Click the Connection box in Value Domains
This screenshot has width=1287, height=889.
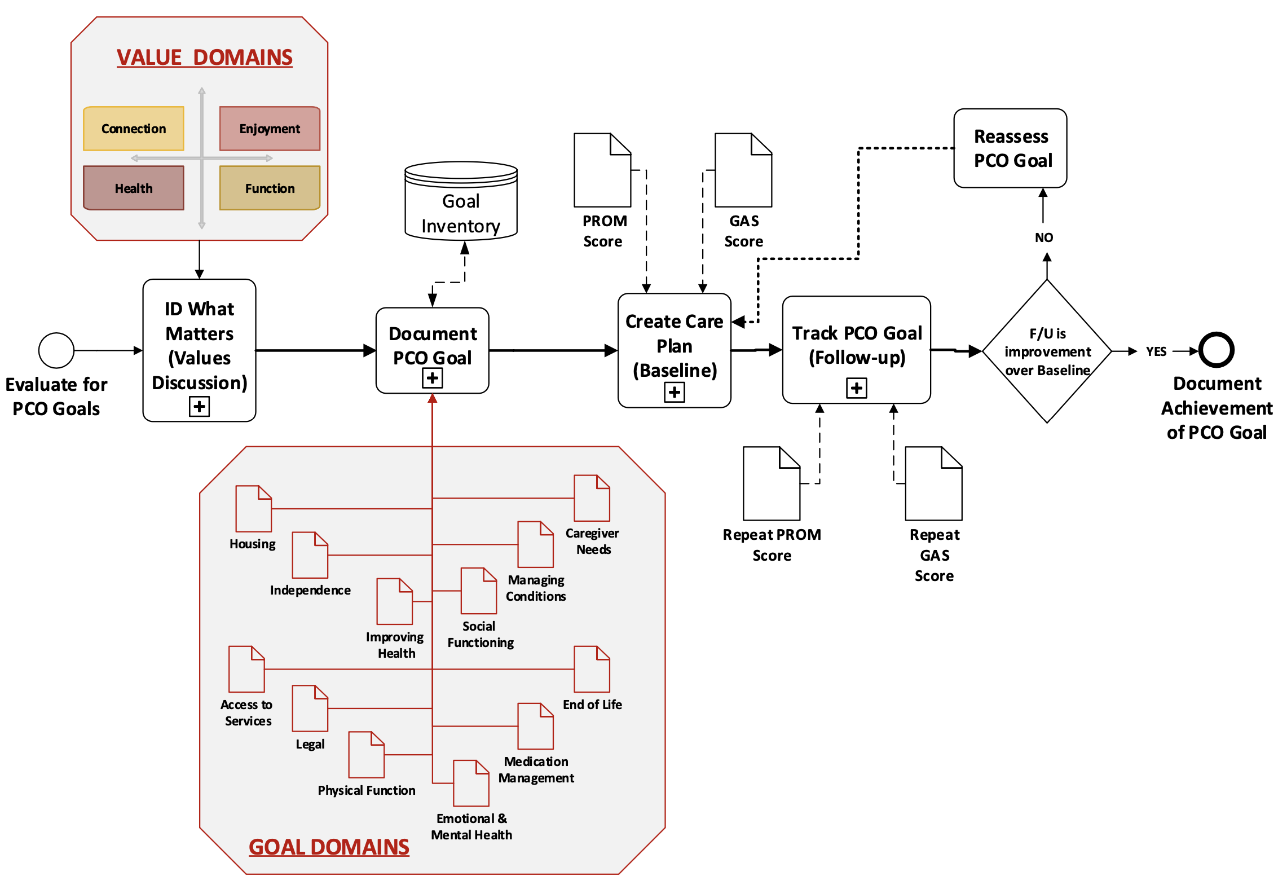pos(133,129)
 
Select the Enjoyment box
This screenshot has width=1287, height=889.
pos(270,129)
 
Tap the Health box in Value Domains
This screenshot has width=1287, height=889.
pos(133,188)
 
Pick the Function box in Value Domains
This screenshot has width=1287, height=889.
pos(270,188)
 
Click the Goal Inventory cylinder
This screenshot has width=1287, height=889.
pos(461,203)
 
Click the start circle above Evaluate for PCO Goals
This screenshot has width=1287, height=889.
pos(56,350)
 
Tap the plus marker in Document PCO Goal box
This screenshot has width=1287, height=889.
pos(432,378)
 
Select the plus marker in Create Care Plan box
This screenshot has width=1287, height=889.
pos(674,392)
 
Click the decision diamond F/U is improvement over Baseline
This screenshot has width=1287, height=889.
pos(1047,351)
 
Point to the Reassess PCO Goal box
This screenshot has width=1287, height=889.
pos(1010,148)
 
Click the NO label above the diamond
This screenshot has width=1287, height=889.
pos(1043,237)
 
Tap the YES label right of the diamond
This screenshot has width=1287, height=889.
pos(1156,351)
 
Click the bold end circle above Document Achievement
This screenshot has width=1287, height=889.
pos(1217,350)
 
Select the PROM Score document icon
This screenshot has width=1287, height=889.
pos(602,170)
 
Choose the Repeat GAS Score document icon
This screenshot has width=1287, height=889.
pos(933,484)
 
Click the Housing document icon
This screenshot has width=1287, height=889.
pos(253,509)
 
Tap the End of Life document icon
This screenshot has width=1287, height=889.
pos(592,670)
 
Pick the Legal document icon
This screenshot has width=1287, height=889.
pos(310,708)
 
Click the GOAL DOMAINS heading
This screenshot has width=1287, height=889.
pos(329,847)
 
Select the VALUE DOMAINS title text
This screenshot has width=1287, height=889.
pos(204,58)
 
